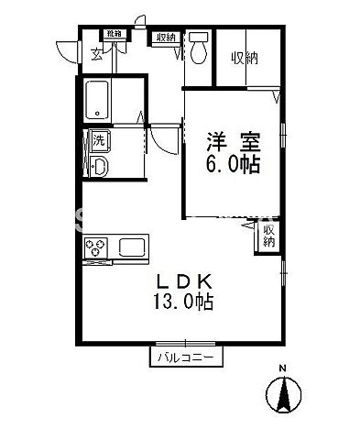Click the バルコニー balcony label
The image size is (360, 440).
tap(184, 357)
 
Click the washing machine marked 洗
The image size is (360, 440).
tap(98, 140)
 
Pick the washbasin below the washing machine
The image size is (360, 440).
tap(99, 166)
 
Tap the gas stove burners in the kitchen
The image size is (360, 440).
tap(97, 247)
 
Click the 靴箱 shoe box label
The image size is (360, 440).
tap(114, 34)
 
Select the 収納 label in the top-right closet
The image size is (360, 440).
tap(245, 57)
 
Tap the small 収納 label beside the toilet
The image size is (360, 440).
tap(166, 38)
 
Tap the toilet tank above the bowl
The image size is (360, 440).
tap(199, 38)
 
